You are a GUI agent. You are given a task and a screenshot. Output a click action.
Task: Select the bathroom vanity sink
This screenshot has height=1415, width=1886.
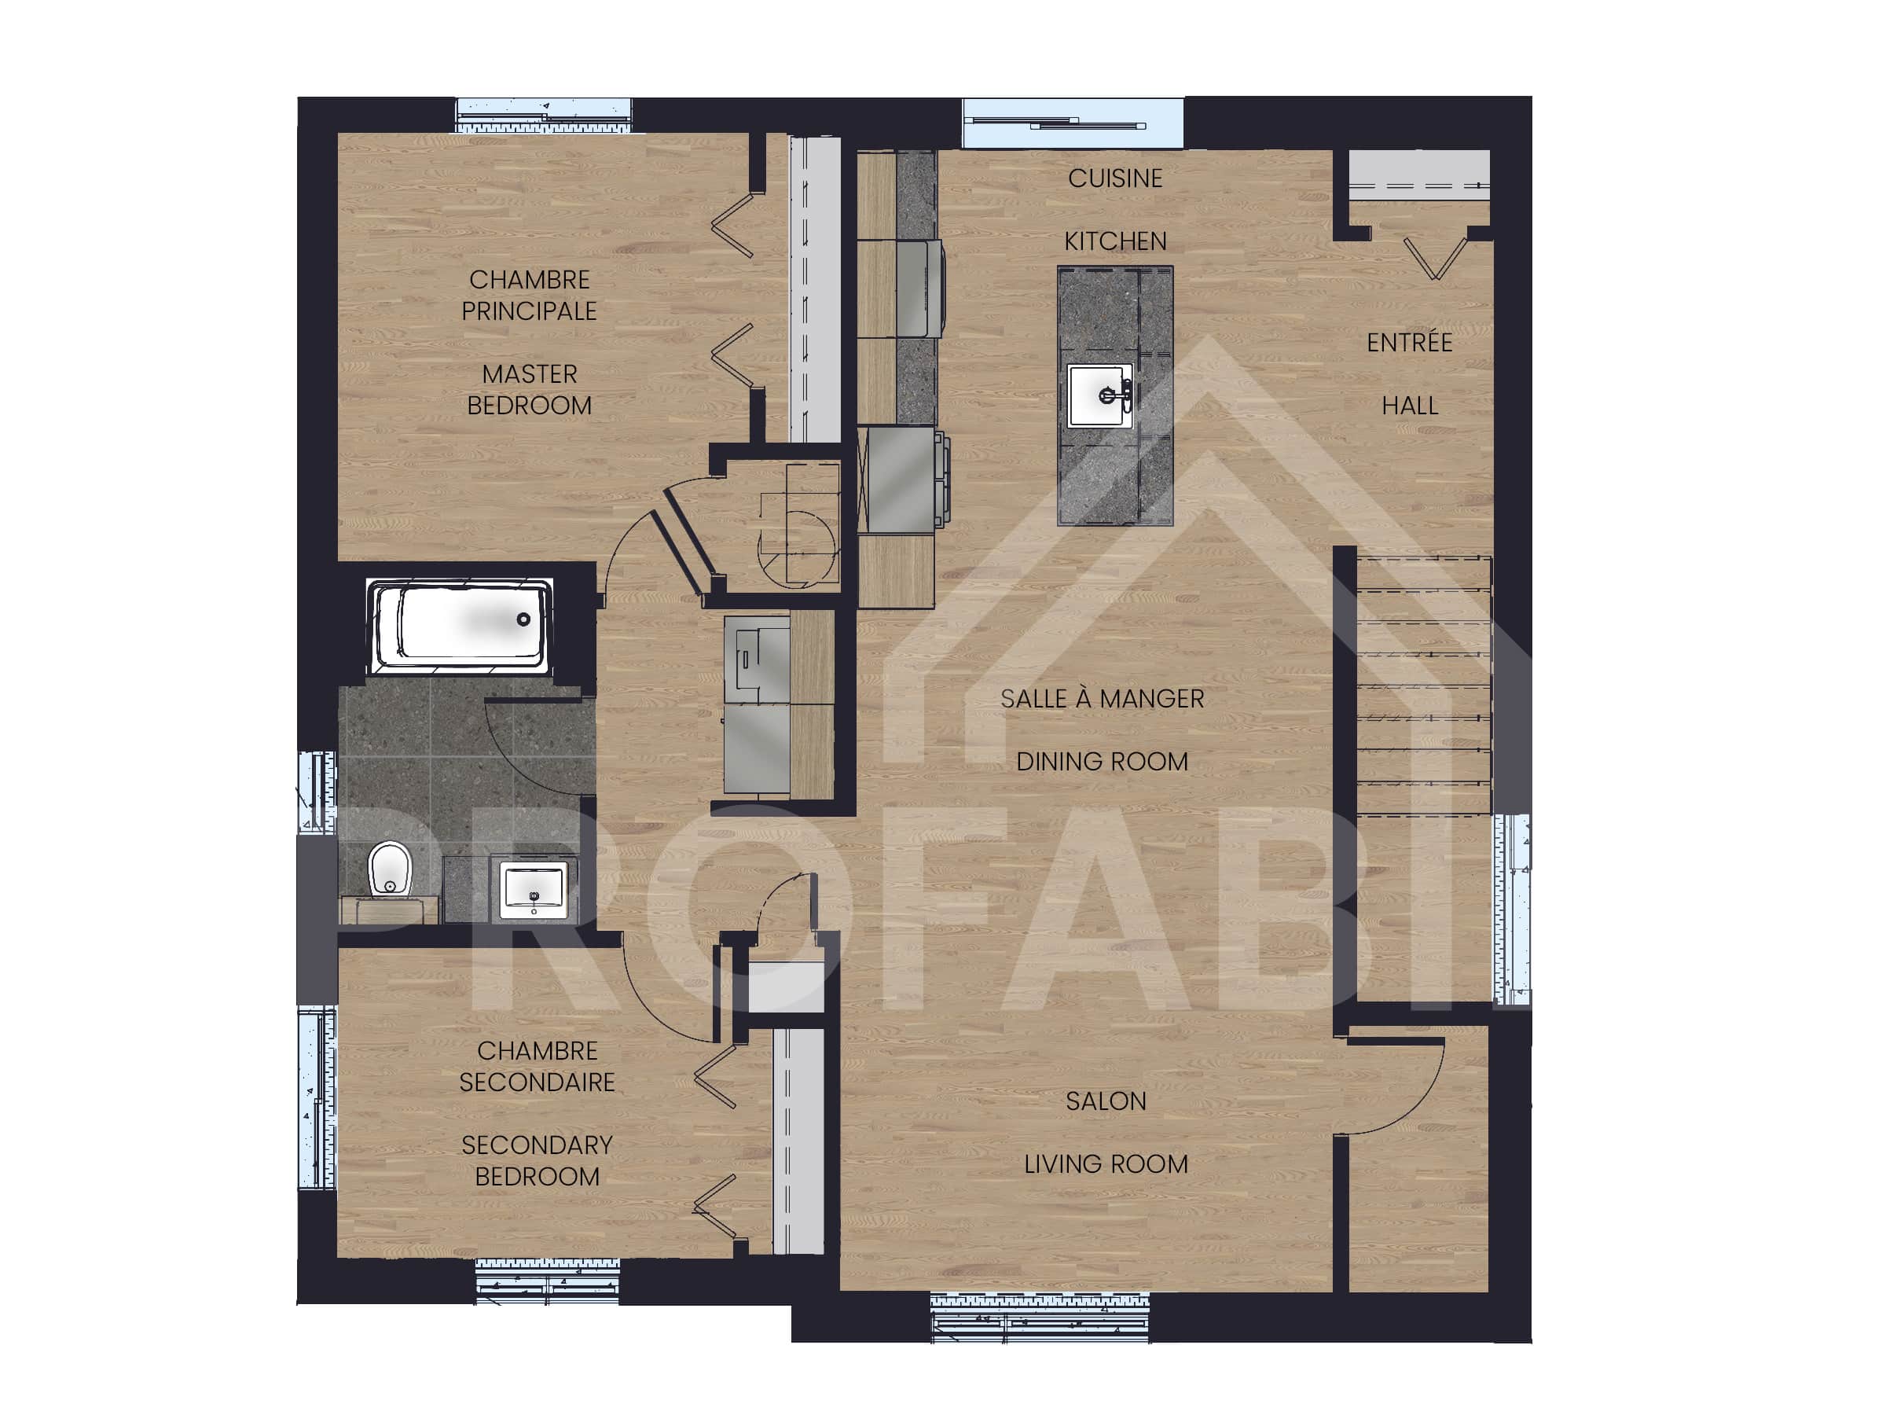click(x=534, y=890)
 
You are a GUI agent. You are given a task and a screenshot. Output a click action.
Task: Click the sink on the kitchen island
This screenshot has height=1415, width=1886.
click(x=1101, y=395)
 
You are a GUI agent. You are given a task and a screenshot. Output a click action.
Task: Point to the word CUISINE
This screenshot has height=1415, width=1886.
click(x=1115, y=178)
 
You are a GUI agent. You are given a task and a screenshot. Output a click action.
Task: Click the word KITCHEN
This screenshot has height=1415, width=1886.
click(x=1115, y=241)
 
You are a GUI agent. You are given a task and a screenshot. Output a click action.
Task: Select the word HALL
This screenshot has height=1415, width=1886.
click(x=1409, y=406)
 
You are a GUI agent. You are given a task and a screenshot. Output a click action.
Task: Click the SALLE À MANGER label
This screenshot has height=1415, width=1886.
click(x=1102, y=699)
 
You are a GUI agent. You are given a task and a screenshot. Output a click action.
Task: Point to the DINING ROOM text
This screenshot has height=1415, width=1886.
click(x=1102, y=762)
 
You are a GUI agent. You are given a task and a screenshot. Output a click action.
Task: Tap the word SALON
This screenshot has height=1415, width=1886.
click(x=1106, y=1101)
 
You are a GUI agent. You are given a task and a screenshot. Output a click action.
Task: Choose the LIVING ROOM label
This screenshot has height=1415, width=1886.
click(x=1106, y=1164)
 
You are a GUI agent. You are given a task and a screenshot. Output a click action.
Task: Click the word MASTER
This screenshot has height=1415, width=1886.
click(x=530, y=374)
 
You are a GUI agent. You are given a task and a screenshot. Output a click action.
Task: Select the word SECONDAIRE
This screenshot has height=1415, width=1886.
click(x=538, y=1082)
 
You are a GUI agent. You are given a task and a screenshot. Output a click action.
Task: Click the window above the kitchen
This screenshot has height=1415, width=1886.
click(x=1073, y=123)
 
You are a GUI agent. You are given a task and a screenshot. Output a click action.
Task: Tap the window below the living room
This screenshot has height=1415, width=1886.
click(x=1040, y=1318)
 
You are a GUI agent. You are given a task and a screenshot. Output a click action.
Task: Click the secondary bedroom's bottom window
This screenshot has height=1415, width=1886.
click(x=546, y=1281)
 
